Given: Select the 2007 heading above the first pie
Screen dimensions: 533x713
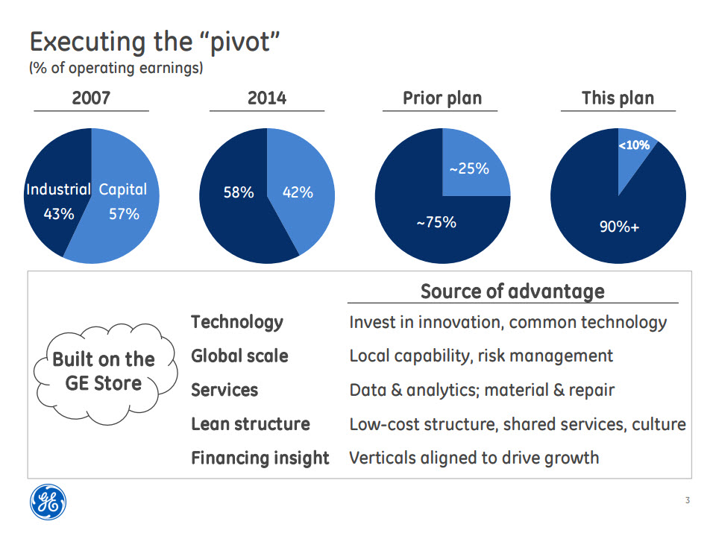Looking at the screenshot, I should [91, 98].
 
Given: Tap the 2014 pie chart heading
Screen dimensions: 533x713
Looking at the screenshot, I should [267, 98].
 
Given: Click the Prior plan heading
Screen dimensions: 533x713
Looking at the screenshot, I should [442, 98].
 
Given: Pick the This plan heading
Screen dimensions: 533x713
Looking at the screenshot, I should [618, 98].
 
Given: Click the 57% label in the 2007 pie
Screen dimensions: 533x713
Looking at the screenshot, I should [123, 214].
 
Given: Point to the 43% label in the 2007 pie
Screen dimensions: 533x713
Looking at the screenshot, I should [59, 214].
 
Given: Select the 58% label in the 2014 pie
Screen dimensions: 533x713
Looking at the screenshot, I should [239, 193].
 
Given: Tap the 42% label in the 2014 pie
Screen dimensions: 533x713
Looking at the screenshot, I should [298, 193].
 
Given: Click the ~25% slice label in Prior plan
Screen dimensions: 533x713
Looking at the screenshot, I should [468, 169].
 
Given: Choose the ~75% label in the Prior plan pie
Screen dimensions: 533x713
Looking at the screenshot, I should [436, 222].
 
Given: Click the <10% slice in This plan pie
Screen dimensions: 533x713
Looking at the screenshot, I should [634, 146].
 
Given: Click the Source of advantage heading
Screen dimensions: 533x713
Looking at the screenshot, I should [512, 291].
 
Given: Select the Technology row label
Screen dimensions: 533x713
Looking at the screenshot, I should [237, 322].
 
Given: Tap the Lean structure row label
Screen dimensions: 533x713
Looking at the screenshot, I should [251, 424].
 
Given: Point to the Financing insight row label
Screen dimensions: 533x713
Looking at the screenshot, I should [260, 458].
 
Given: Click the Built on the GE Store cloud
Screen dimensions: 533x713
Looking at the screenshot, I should [103, 371].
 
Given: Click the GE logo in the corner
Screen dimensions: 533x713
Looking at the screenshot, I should [48, 501].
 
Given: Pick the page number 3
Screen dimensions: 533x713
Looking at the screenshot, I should [687, 501].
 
